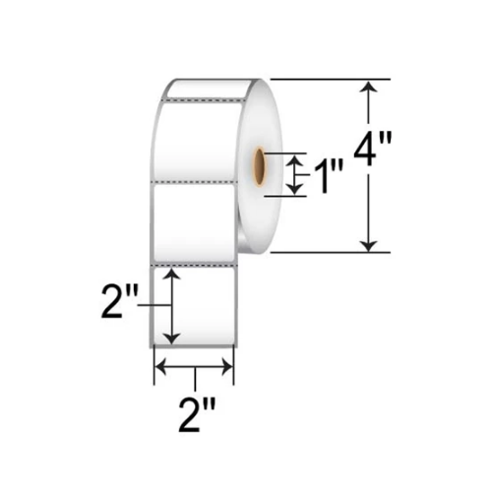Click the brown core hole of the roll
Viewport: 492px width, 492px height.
point(260,165)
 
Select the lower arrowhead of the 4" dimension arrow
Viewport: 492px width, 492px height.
point(369,243)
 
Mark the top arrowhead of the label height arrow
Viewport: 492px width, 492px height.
point(174,276)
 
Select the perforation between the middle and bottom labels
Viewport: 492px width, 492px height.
point(194,265)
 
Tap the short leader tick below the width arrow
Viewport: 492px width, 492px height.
point(196,377)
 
